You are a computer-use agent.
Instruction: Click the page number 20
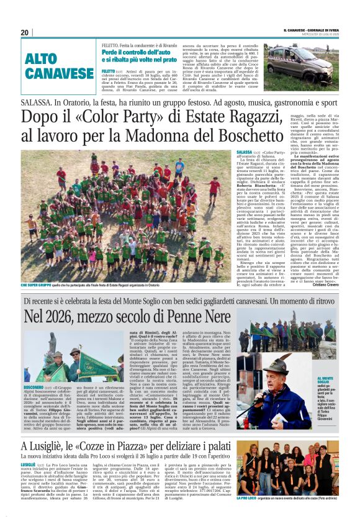[25, 33]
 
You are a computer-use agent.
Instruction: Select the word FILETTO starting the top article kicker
[110, 45]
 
